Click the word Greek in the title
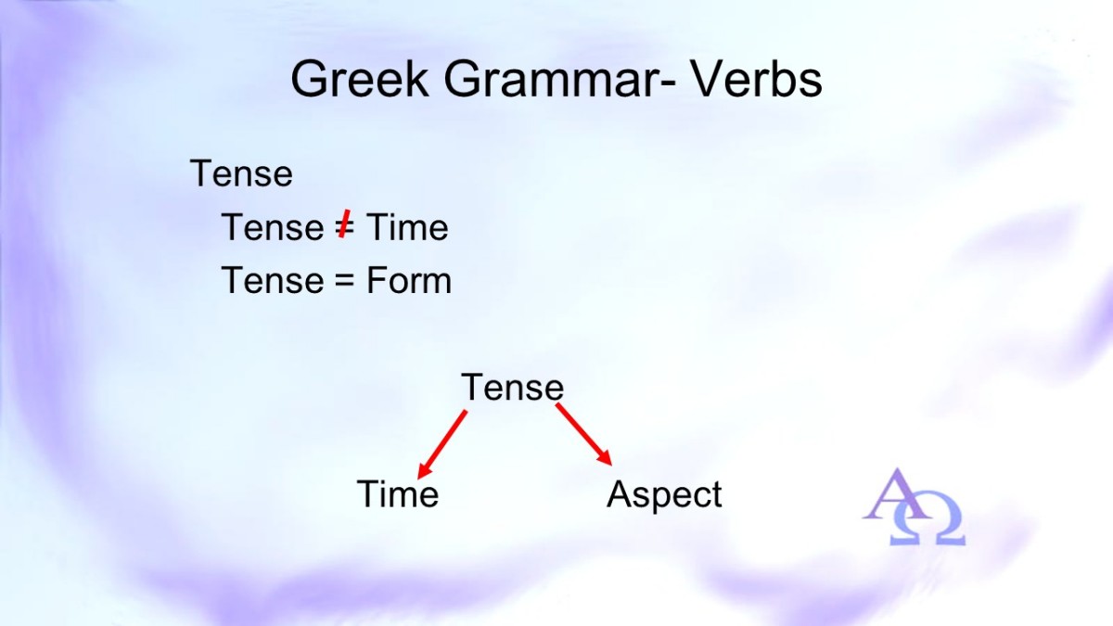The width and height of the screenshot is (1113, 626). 360,79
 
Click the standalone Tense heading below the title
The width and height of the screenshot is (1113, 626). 241,173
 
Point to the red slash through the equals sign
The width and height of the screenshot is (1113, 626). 343,224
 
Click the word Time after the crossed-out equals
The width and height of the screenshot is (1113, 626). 407,227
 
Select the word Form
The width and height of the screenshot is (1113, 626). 409,281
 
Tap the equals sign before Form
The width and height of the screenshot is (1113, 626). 344,282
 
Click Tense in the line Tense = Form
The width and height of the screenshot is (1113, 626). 273,281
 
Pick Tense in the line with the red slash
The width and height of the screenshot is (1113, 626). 273,227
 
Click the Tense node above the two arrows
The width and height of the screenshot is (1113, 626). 513,387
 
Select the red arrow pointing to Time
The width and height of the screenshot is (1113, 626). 442,444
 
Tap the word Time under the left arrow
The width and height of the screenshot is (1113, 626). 398,493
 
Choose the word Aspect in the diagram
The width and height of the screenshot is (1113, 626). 664,495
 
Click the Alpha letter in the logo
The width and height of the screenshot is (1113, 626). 894,495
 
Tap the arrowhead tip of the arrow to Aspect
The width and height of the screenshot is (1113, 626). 611,466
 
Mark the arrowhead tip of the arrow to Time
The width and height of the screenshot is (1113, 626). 418,479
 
